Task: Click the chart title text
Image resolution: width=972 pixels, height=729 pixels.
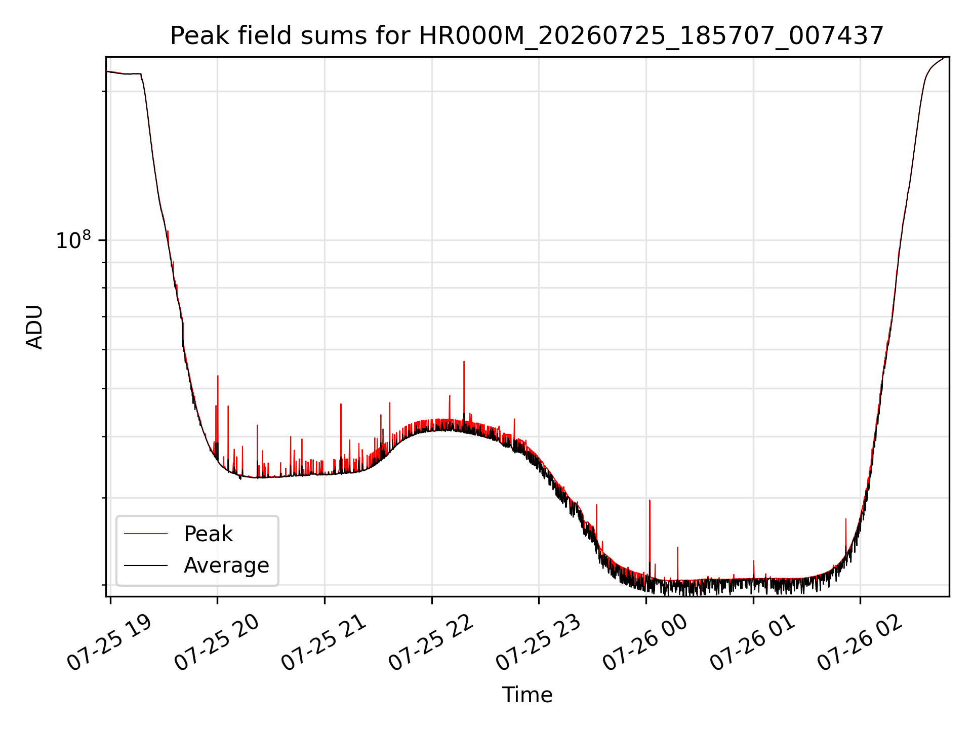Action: click(527, 36)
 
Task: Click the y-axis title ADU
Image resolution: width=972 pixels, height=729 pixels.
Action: click(34, 327)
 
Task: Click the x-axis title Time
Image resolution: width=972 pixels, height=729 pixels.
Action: click(527, 695)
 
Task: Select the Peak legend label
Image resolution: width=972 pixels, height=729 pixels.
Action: click(208, 534)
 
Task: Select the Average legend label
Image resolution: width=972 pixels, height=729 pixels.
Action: click(226, 565)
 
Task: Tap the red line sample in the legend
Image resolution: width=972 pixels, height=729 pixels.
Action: click(146, 534)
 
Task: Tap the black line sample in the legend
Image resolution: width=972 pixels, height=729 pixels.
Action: click(146, 565)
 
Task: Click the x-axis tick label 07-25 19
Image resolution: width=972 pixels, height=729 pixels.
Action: click(109, 643)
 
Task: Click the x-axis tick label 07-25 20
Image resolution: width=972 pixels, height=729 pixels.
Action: click(217, 643)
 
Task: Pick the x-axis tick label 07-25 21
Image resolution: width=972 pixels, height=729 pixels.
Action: click(323, 643)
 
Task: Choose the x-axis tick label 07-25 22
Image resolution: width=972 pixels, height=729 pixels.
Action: click(431, 643)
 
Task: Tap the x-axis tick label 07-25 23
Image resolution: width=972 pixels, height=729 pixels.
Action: click(538, 643)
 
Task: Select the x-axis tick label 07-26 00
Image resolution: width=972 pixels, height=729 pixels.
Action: click(645, 643)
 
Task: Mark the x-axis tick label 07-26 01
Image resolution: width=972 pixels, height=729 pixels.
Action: click(753, 643)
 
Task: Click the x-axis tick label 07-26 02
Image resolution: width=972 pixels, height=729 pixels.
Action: click(860, 643)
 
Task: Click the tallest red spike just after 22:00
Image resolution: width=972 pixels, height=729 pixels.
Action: click(464, 361)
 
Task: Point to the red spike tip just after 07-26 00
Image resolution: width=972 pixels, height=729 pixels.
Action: click(650, 500)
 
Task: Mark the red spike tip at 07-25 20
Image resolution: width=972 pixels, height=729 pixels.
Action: click(218, 376)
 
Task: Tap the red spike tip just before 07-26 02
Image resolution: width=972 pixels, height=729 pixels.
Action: click(845, 519)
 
